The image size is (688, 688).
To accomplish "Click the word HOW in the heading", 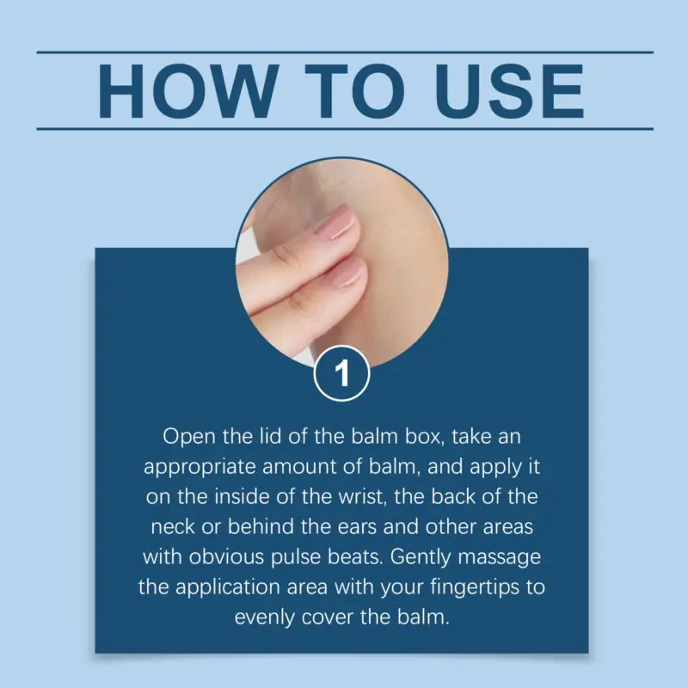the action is (x=188, y=91).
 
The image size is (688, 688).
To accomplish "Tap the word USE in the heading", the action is (x=509, y=91).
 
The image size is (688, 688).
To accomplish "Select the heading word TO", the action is (x=354, y=91).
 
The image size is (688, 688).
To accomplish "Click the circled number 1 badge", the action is (x=341, y=373).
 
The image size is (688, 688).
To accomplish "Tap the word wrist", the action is (x=362, y=497).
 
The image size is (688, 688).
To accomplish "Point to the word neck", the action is (x=173, y=526).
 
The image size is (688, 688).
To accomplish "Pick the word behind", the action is (x=261, y=526).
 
